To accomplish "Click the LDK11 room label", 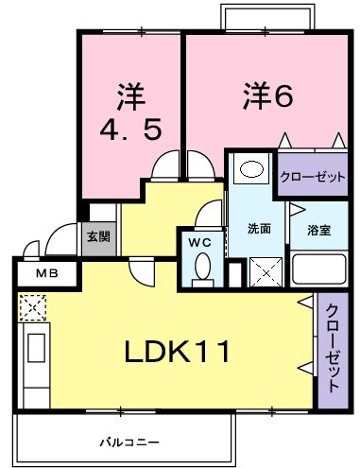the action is [177, 352].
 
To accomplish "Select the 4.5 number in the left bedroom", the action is [130, 130].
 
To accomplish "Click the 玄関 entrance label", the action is [98, 236].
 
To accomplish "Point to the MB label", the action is [47, 273].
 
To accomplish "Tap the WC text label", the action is [199, 242].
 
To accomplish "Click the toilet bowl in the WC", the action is [202, 268].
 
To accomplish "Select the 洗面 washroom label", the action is [259, 229].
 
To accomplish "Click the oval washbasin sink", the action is [251, 169].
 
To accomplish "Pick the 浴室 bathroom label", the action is [319, 231].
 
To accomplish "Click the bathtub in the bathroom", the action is [318, 269].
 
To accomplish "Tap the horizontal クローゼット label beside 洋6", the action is [313, 178].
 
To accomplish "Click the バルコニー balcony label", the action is [129, 442].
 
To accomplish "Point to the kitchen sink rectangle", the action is [37, 348].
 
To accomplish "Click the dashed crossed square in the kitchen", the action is [32, 308].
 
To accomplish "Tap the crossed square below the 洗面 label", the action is [266, 272].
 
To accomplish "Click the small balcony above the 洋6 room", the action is [267, 16].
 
